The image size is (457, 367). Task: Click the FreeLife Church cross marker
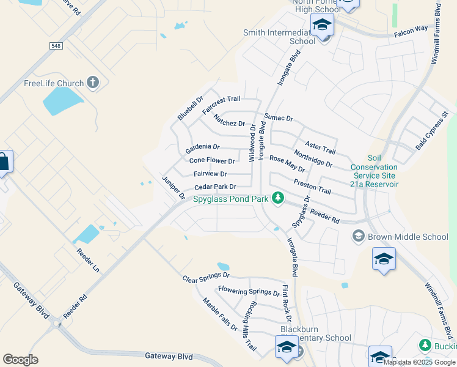click(x=93, y=83)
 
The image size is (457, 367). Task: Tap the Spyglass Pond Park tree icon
click(x=278, y=198)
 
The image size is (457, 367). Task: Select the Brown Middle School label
click(x=409, y=237)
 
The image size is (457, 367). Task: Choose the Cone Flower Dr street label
click(x=212, y=161)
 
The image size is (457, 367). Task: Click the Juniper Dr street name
click(x=173, y=188)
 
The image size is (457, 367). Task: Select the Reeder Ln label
click(x=87, y=259)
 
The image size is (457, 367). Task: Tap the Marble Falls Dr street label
click(x=221, y=314)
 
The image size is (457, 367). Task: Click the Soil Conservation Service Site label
click(x=374, y=171)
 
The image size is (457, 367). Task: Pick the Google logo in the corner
click(x=20, y=360)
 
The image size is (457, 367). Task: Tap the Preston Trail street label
click(x=312, y=187)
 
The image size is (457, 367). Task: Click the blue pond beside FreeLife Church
click(x=63, y=101)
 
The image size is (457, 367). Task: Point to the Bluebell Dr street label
click(x=190, y=107)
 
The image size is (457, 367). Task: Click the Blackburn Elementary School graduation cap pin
click(x=286, y=347)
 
